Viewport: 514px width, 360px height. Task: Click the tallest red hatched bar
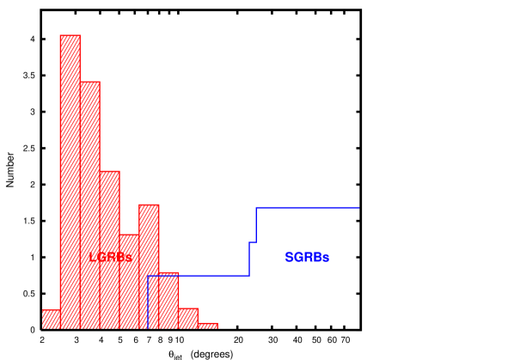70,181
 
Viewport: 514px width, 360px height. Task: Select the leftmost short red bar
51,319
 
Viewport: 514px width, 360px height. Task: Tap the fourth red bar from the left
109,249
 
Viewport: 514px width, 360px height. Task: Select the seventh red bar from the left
168,300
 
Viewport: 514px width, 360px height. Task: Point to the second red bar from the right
188,318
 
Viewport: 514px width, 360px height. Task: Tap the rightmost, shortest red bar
207,326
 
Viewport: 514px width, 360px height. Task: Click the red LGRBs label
111,258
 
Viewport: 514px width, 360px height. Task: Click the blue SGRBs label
307,258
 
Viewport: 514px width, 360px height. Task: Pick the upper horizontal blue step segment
307,207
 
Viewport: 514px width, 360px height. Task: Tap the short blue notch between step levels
253,242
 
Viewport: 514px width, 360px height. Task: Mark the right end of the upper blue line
358,207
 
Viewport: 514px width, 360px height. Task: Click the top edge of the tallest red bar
70,35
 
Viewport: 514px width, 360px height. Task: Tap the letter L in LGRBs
93,258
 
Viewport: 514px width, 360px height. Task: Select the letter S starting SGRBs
289,258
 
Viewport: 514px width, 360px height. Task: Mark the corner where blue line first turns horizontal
148,276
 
